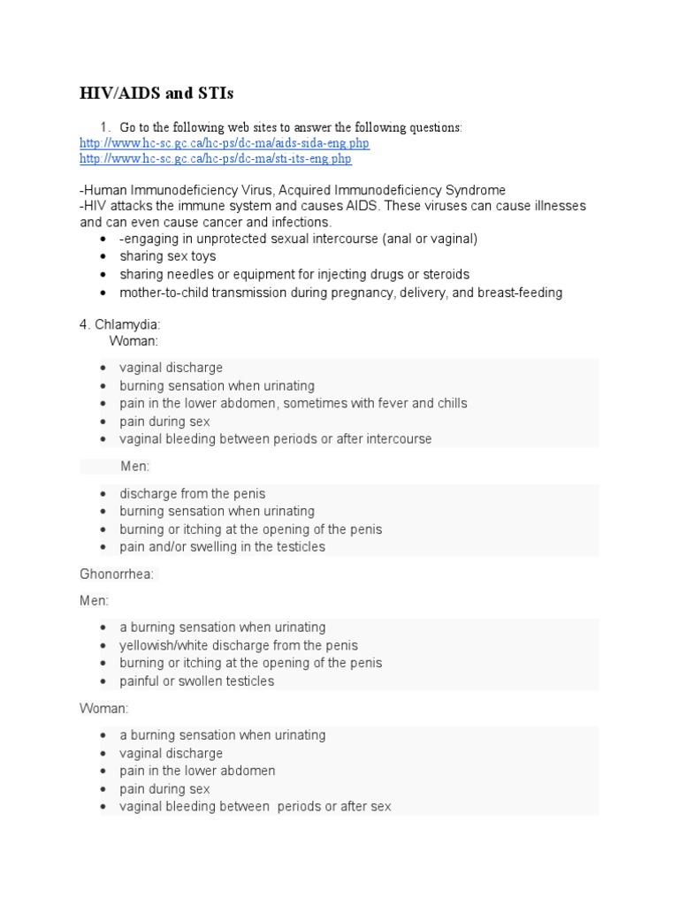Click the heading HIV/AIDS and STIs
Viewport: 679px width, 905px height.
coord(156,94)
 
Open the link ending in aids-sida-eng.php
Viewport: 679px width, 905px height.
coord(225,143)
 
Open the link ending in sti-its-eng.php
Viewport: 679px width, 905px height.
coord(216,159)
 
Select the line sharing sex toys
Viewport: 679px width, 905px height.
coord(167,256)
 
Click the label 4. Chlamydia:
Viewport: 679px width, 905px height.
coord(120,325)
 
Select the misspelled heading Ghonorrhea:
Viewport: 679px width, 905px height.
coord(117,574)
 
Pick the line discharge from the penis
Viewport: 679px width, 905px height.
coord(193,493)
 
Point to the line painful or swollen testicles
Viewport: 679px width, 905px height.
coord(197,681)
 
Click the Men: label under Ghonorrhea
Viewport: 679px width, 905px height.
coord(95,601)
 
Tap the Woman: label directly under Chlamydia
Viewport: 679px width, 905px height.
coord(134,341)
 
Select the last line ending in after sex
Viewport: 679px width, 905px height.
coord(256,807)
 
